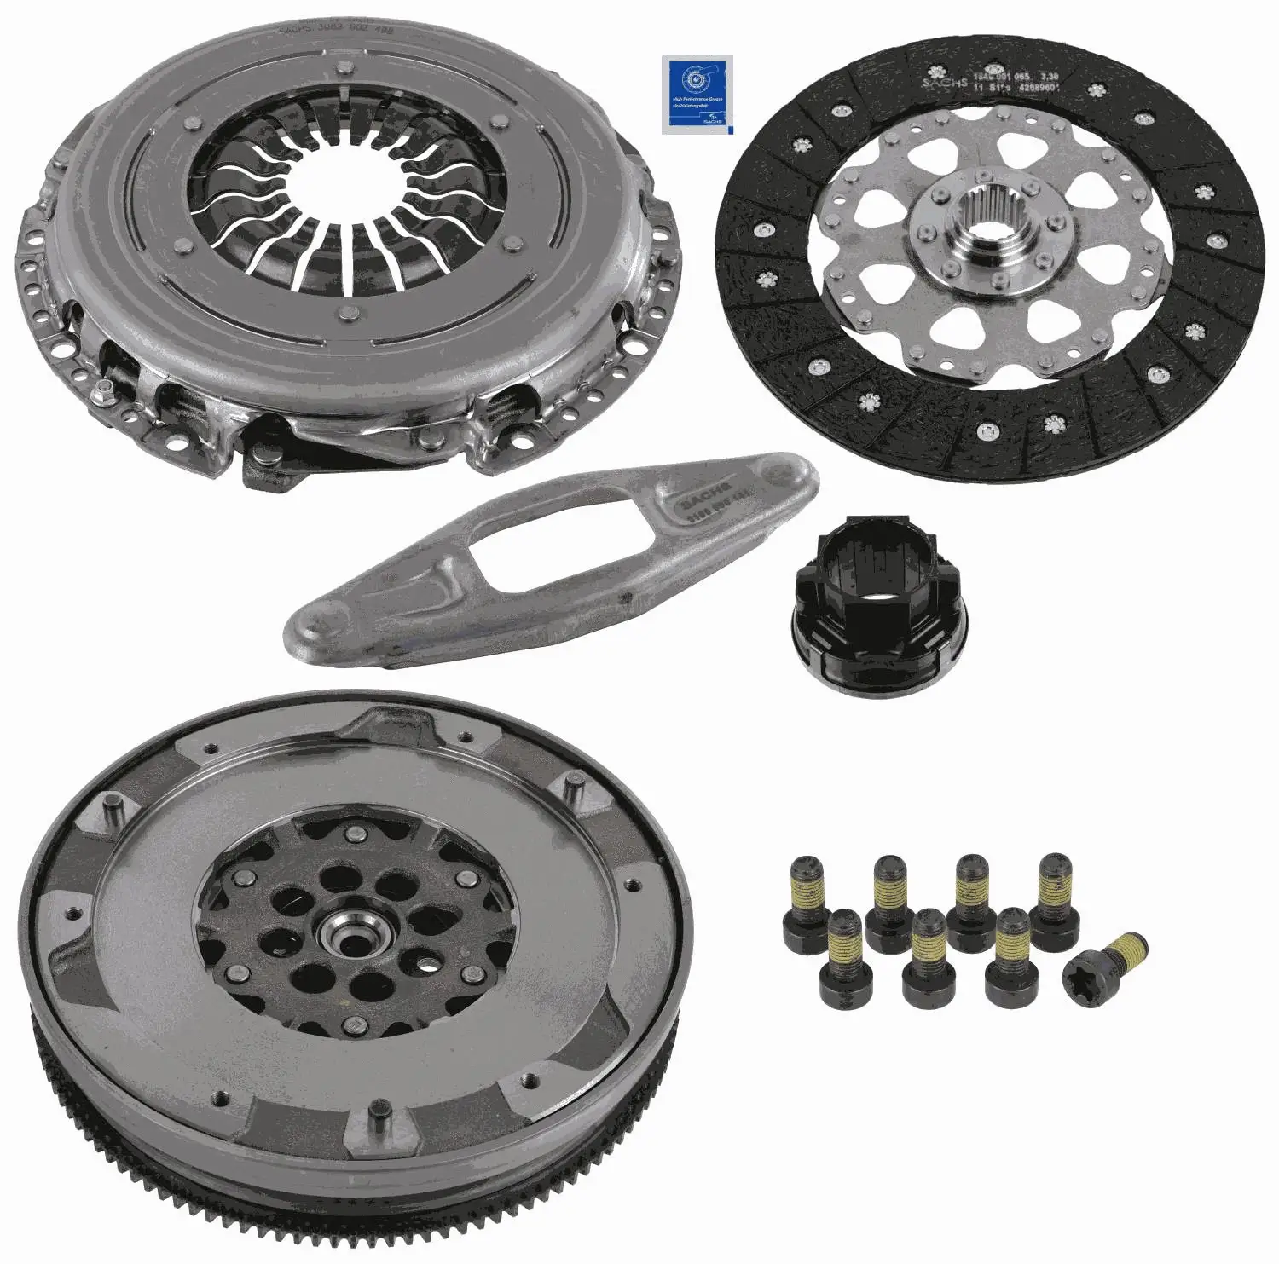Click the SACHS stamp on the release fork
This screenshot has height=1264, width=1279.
click(705, 500)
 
